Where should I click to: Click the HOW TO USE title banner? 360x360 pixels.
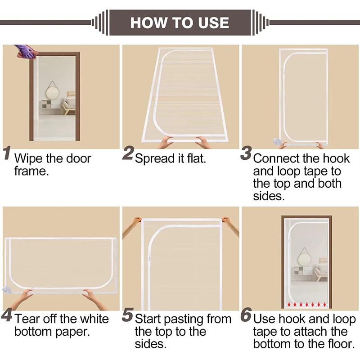(180, 22)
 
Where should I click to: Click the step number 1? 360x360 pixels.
(7, 153)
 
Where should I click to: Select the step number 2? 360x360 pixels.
(128, 153)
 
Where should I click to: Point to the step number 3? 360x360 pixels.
(246, 153)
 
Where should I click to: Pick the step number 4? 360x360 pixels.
(7, 315)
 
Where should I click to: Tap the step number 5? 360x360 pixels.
(127, 315)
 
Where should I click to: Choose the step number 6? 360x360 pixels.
(246, 315)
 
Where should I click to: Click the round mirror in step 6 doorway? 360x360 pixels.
(305, 259)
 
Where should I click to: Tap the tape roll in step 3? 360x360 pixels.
(276, 141)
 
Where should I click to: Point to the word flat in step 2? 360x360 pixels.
(196, 158)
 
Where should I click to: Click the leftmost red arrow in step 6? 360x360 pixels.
(289, 305)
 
